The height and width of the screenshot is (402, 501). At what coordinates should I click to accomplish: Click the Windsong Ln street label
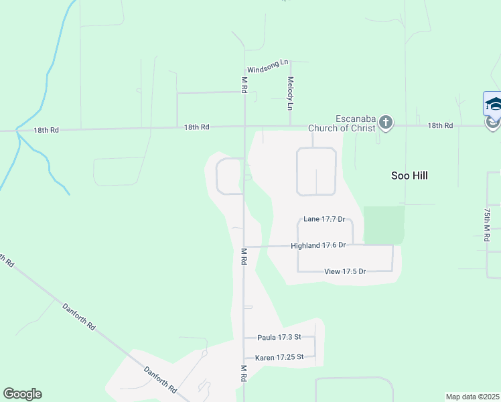[267, 68]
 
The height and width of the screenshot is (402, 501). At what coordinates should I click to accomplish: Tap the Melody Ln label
[291, 93]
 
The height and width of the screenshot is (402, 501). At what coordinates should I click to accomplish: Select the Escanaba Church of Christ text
[341, 124]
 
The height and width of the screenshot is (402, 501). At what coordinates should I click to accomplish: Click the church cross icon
[385, 123]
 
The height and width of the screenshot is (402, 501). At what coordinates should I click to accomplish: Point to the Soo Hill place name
[409, 176]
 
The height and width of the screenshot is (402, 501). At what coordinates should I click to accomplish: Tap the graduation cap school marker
[493, 105]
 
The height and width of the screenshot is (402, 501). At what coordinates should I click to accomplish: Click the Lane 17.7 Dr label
[324, 219]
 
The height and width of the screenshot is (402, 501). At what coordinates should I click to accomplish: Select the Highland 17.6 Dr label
[318, 245]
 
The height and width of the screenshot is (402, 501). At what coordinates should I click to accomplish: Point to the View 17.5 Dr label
[345, 271]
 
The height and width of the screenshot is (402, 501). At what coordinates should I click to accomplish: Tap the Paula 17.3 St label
[279, 338]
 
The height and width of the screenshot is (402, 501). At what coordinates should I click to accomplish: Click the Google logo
[22, 394]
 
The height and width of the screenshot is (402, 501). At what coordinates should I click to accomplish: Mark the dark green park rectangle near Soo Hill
[384, 225]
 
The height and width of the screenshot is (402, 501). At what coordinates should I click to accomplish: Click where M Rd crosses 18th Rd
[244, 126]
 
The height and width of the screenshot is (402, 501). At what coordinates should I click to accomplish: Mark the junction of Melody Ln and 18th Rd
[290, 125]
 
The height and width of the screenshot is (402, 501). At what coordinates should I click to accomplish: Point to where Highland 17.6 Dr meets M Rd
[244, 247]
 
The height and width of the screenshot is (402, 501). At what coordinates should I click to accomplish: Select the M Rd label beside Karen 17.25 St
[244, 374]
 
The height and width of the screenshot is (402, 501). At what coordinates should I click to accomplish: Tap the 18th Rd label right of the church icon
[440, 125]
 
